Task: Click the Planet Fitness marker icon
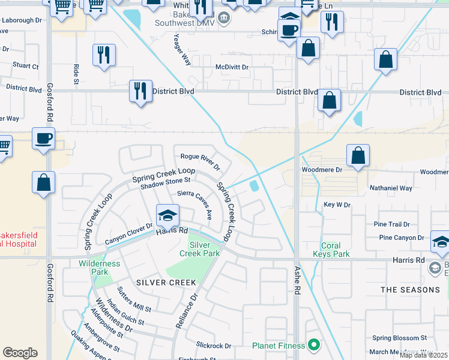pyautogui.click(x=313, y=345)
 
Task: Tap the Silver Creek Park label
pyautogui.click(x=200, y=249)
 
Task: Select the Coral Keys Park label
pyautogui.click(x=331, y=250)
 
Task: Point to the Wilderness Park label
pyautogui.click(x=99, y=268)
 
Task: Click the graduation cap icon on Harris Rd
pyautogui.click(x=168, y=215)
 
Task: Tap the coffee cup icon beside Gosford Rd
pyautogui.click(x=43, y=139)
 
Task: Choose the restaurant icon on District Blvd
pyautogui.click(x=140, y=91)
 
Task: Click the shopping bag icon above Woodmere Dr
pyautogui.click(x=358, y=155)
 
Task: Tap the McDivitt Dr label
pyautogui.click(x=232, y=67)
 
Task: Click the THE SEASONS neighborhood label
pyautogui.click(x=410, y=290)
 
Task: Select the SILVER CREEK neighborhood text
pyautogui.click(x=166, y=283)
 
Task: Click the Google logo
pyautogui.click(x=20, y=353)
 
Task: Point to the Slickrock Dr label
pyautogui.click(x=214, y=346)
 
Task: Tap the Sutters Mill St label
pyautogui.click(x=134, y=300)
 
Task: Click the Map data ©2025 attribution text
pyautogui.click(x=424, y=355)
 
